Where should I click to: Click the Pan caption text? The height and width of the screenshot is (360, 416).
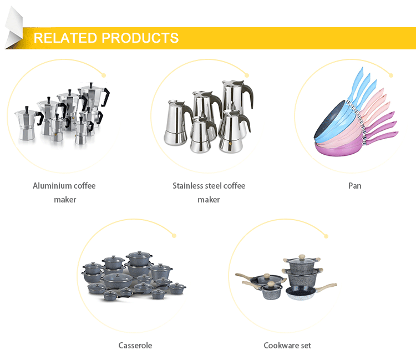(x=354, y=185)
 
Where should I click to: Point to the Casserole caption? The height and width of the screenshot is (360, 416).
(x=135, y=345)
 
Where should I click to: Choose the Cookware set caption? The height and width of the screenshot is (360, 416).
(x=287, y=345)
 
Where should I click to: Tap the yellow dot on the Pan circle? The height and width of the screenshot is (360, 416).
(x=392, y=75)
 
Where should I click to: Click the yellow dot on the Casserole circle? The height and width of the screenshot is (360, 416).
(x=174, y=235)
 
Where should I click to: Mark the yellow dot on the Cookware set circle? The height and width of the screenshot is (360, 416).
(x=323, y=235)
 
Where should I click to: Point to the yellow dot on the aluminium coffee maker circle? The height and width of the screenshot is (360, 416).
(x=104, y=75)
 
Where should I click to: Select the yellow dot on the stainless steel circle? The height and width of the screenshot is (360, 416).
(x=247, y=75)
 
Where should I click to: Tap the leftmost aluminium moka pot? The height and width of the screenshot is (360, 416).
(x=26, y=125)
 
